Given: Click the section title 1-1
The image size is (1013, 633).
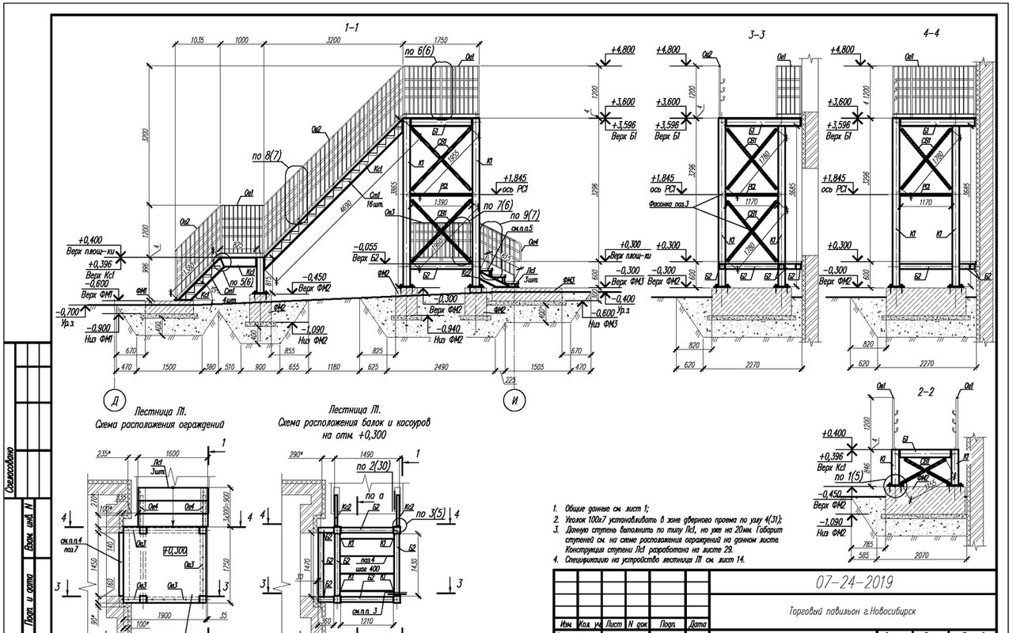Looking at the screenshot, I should pos(352,28).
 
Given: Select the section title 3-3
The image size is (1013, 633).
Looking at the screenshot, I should pos(757,36).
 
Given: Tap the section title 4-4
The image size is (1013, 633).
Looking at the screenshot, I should pos(931,36).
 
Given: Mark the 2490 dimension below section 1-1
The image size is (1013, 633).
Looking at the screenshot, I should pos(441,368).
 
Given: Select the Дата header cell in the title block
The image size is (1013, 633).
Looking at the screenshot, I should pos(697,624).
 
